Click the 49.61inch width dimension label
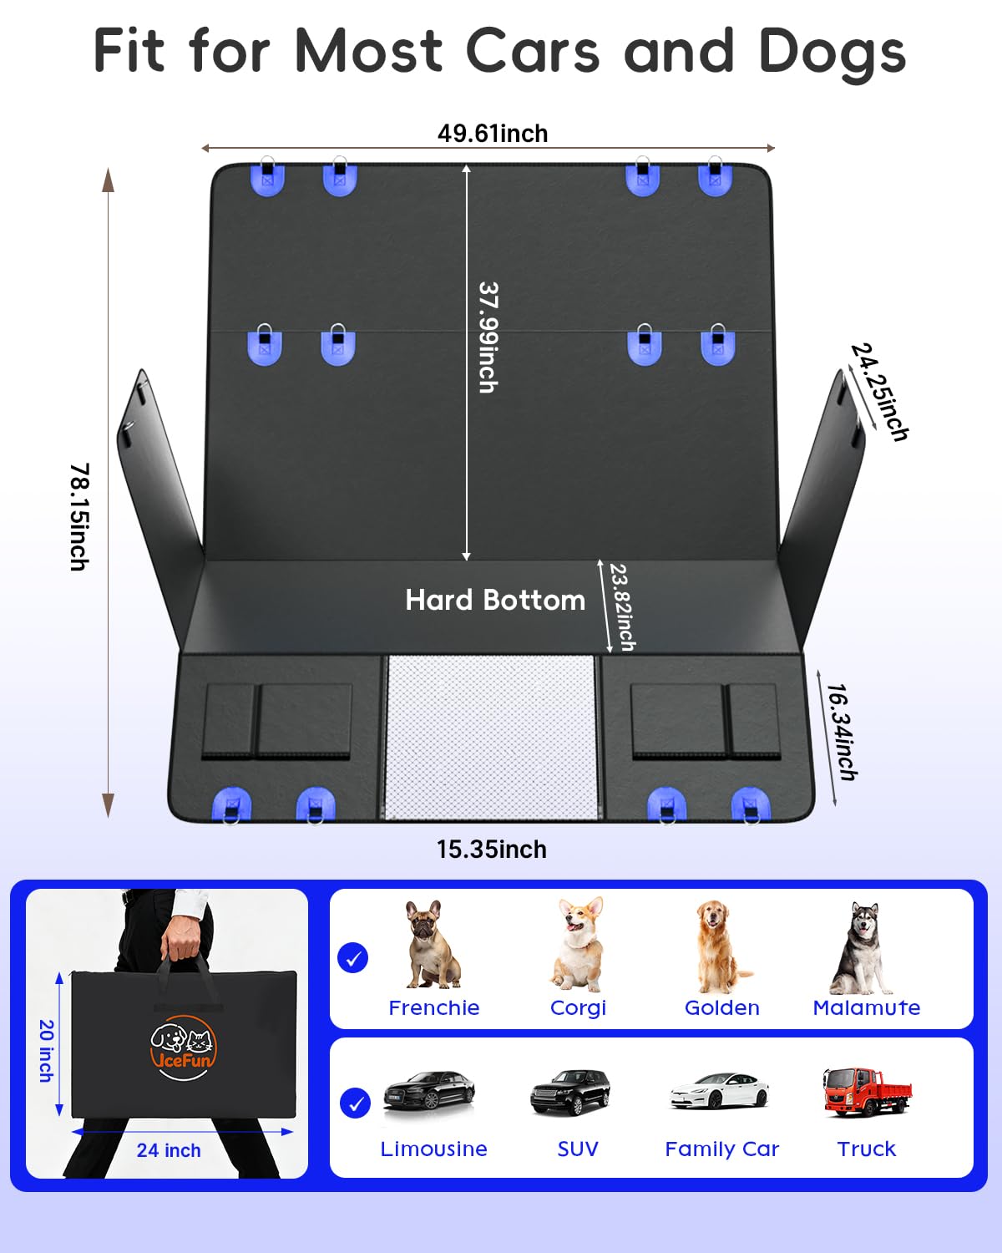coord(493,134)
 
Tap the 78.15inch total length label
coord(80,516)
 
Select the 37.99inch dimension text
coord(488,337)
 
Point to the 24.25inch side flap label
coord(880,392)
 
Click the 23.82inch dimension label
coord(622,606)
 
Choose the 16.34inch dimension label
coord(842,732)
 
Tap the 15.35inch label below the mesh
coord(492,850)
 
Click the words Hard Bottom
coord(495,600)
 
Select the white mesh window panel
coord(492,737)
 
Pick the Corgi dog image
coord(578,945)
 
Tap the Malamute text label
coord(867,1008)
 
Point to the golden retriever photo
coord(722,946)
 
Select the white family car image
coord(720,1090)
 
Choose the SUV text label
coord(578,1149)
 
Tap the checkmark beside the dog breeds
coord(353,957)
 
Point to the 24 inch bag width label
coord(169,1150)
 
